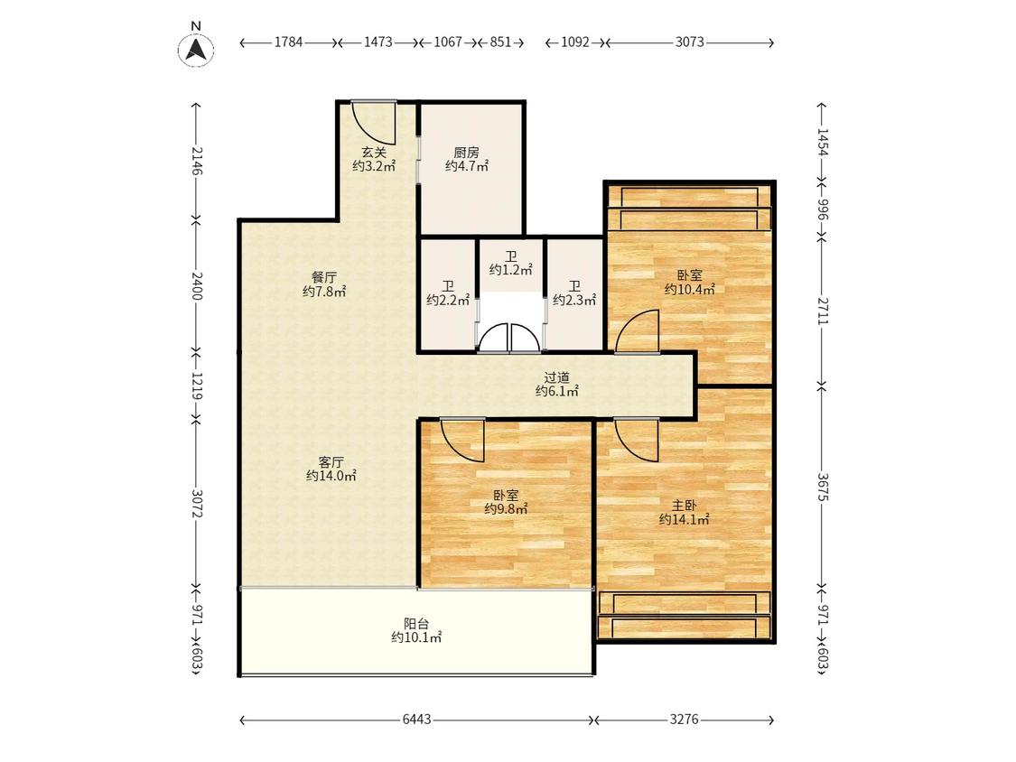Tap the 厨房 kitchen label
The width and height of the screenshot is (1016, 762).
point(467,153)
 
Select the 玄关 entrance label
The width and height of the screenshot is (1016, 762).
point(374,153)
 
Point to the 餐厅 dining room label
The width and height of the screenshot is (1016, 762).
point(324,278)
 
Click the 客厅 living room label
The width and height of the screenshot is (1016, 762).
point(331,462)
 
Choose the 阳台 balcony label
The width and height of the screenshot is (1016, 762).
point(416,624)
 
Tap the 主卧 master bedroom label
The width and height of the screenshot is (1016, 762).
point(684,506)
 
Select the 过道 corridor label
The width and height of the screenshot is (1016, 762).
point(556,377)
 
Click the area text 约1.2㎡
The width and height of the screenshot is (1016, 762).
point(510,270)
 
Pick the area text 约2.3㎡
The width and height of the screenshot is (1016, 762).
point(574,300)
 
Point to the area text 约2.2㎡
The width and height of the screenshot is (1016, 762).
point(448,300)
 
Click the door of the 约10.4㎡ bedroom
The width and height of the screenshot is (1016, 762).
point(638,331)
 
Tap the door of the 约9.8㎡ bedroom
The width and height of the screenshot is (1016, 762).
point(462,440)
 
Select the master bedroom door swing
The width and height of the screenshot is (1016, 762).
point(638,440)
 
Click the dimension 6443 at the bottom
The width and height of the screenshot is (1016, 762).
point(416,720)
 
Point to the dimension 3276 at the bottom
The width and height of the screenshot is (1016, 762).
point(685,720)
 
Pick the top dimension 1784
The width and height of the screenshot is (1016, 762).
point(288,42)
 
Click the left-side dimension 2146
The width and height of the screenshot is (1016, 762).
point(197,161)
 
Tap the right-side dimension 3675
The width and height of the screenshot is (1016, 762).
point(822,487)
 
